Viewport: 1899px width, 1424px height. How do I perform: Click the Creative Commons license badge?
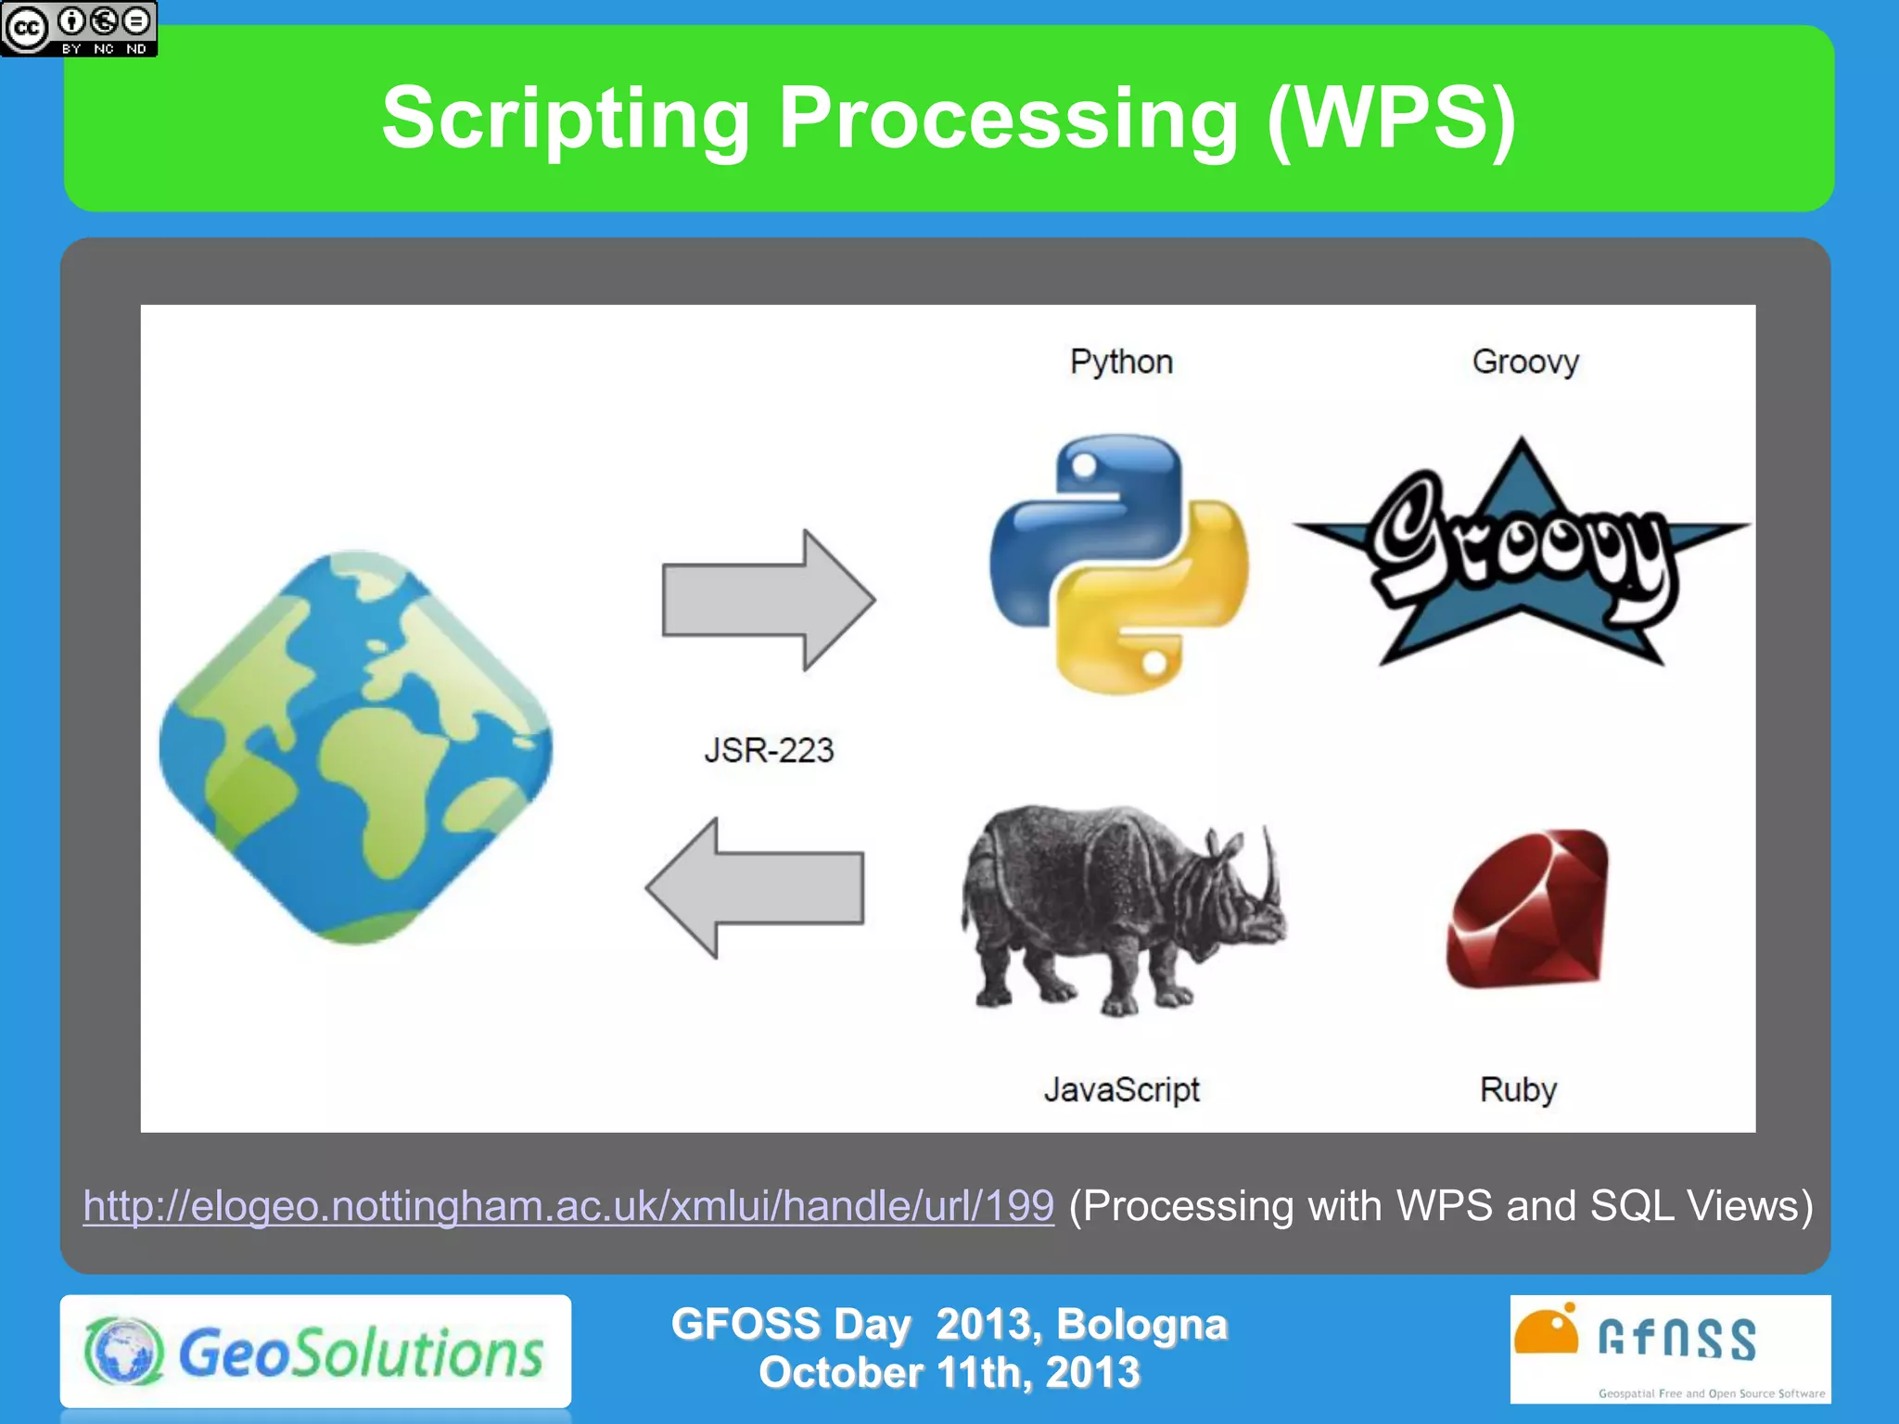pyautogui.click(x=79, y=29)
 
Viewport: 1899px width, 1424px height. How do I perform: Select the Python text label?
pyautogui.click(x=1121, y=362)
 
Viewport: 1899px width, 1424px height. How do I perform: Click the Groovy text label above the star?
pyautogui.click(x=1525, y=362)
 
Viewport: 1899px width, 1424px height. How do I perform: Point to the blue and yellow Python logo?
pyautogui.click(x=1119, y=563)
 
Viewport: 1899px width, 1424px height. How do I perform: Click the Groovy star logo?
pyautogui.click(x=1521, y=556)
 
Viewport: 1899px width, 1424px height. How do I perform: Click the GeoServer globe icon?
pyautogui.click(x=356, y=747)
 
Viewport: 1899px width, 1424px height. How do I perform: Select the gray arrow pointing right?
pyautogui.click(x=768, y=601)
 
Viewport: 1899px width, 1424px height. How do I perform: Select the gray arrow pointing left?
pyautogui.click(x=756, y=887)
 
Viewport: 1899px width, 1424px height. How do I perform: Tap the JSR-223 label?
pyautogui.click(x=769, y=750)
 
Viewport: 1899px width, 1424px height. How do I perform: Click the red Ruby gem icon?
pyautogui.click(x=1528, y=909)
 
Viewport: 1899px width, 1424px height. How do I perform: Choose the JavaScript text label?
pyautogui.click(x=1121, y=1089)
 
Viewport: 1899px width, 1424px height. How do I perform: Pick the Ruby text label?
pyautogui.click(x=1518, y=1089)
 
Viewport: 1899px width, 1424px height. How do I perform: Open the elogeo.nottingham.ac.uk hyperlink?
pyautogui.click(x=568, y=1206)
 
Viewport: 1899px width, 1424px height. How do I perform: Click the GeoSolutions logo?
pyautogui.click(x=315, y=1352)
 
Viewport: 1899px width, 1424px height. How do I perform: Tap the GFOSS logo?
pyautogui.click(x=1669, y=1349)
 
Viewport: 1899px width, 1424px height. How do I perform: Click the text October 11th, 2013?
pyautogui.click(x=949, y=1373)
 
